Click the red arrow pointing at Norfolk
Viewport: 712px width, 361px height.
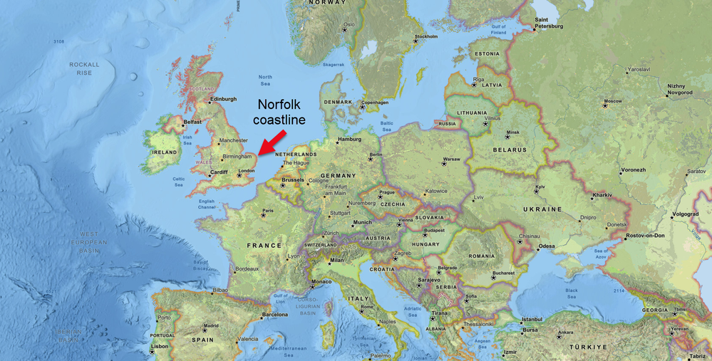pos(272,142)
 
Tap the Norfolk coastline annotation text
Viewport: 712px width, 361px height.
pos(279,112)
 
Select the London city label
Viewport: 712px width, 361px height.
pos(247,171)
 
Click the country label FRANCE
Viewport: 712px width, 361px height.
pos(264,246)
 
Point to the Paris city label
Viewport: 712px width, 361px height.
pos(268,211)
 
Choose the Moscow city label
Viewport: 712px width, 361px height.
pos(612,102)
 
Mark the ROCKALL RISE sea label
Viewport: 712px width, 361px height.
pos(85,68)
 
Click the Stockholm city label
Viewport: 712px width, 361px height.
pos(425,36)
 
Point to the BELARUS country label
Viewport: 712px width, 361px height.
pos(510,150)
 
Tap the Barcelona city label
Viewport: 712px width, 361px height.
pos(274,314)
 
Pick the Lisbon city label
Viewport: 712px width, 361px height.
pos(160,347)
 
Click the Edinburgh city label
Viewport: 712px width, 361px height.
pos(223,99)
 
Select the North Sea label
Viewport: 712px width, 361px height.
pos(265,80)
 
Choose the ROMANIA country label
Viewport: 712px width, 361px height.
pos(482,256)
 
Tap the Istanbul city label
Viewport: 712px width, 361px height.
pos(532,320)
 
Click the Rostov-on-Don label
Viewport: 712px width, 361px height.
pos(645,236)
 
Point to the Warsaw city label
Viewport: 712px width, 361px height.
pos(451,159)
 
